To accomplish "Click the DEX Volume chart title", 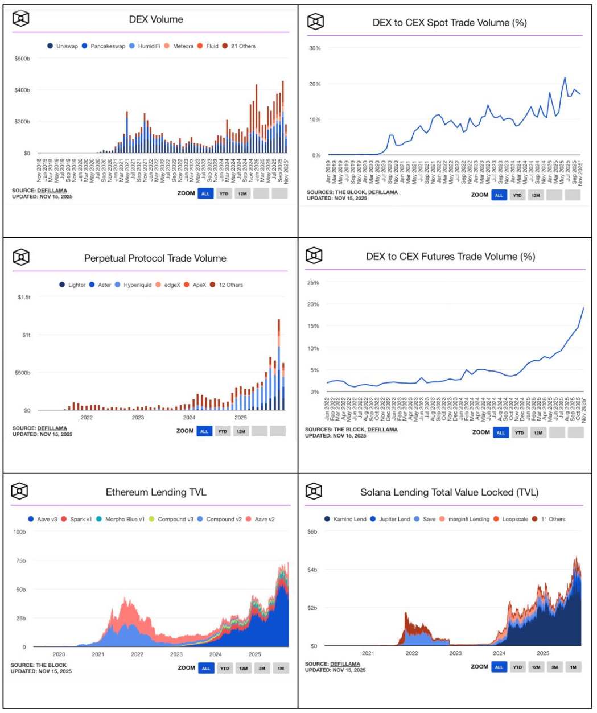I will point(156,19).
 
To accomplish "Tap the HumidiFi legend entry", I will point(149,46).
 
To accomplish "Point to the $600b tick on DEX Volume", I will point(22,59).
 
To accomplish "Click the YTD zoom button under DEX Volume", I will point(224,193).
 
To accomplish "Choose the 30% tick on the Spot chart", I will point(315,48).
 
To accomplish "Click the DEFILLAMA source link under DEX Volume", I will point(52,191).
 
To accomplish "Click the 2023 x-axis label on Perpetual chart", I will point(138,418).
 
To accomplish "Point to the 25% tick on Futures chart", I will point(313,283).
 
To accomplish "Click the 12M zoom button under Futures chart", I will point(538,432).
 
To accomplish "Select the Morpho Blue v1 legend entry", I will point(125,520).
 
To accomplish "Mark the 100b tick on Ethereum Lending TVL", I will point(19,532).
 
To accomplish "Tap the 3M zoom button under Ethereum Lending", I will point(262,668).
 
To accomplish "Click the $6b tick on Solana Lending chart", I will point(312,532).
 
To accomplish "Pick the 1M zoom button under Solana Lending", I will point(573,667).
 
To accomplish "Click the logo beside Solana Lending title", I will point(314,491).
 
